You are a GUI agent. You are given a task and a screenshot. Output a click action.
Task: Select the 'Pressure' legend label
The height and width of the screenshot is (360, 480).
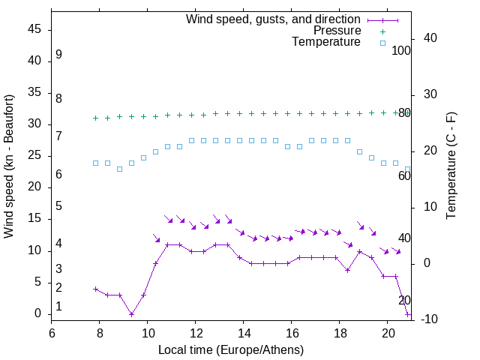click(337, 31)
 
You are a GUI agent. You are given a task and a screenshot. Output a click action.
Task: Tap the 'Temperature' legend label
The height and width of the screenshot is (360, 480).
click(326, 42)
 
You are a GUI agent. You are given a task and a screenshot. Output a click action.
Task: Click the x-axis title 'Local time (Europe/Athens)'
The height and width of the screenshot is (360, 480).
click(231, 350)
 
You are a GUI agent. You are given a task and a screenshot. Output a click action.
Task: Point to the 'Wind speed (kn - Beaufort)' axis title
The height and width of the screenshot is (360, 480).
click(9, 166)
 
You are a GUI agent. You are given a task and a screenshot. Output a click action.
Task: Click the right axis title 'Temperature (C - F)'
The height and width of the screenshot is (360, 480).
click(451, 166)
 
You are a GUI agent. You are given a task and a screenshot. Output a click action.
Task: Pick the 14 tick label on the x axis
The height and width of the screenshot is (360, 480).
click(244, 331)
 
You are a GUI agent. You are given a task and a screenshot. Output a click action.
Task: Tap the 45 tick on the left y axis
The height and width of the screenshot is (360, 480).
click(34, 29)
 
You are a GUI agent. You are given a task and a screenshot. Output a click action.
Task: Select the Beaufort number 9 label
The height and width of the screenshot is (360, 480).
click(58, 55)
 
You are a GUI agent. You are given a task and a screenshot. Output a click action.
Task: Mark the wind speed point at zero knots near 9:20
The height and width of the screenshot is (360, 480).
click(131, 314)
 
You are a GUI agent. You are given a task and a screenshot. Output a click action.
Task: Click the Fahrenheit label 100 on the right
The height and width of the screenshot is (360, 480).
click(402, 50)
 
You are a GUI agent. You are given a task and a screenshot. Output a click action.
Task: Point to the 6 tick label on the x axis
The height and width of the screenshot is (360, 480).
click(52, 331)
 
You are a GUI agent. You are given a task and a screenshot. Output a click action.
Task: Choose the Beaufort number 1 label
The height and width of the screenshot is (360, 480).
click(58, 307)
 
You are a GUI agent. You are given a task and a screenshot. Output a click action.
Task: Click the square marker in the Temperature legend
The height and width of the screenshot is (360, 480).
click(382, 43)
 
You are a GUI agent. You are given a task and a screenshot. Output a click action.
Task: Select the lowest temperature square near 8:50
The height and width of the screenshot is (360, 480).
click(119, 169)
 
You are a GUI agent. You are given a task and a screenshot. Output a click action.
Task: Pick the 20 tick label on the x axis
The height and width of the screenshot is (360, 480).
click(388, 331)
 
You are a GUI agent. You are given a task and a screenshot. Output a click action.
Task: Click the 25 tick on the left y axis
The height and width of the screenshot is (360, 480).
click(34, 155)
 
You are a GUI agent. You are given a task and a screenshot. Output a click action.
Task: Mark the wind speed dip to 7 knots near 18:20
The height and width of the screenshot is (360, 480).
click(347, 270)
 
